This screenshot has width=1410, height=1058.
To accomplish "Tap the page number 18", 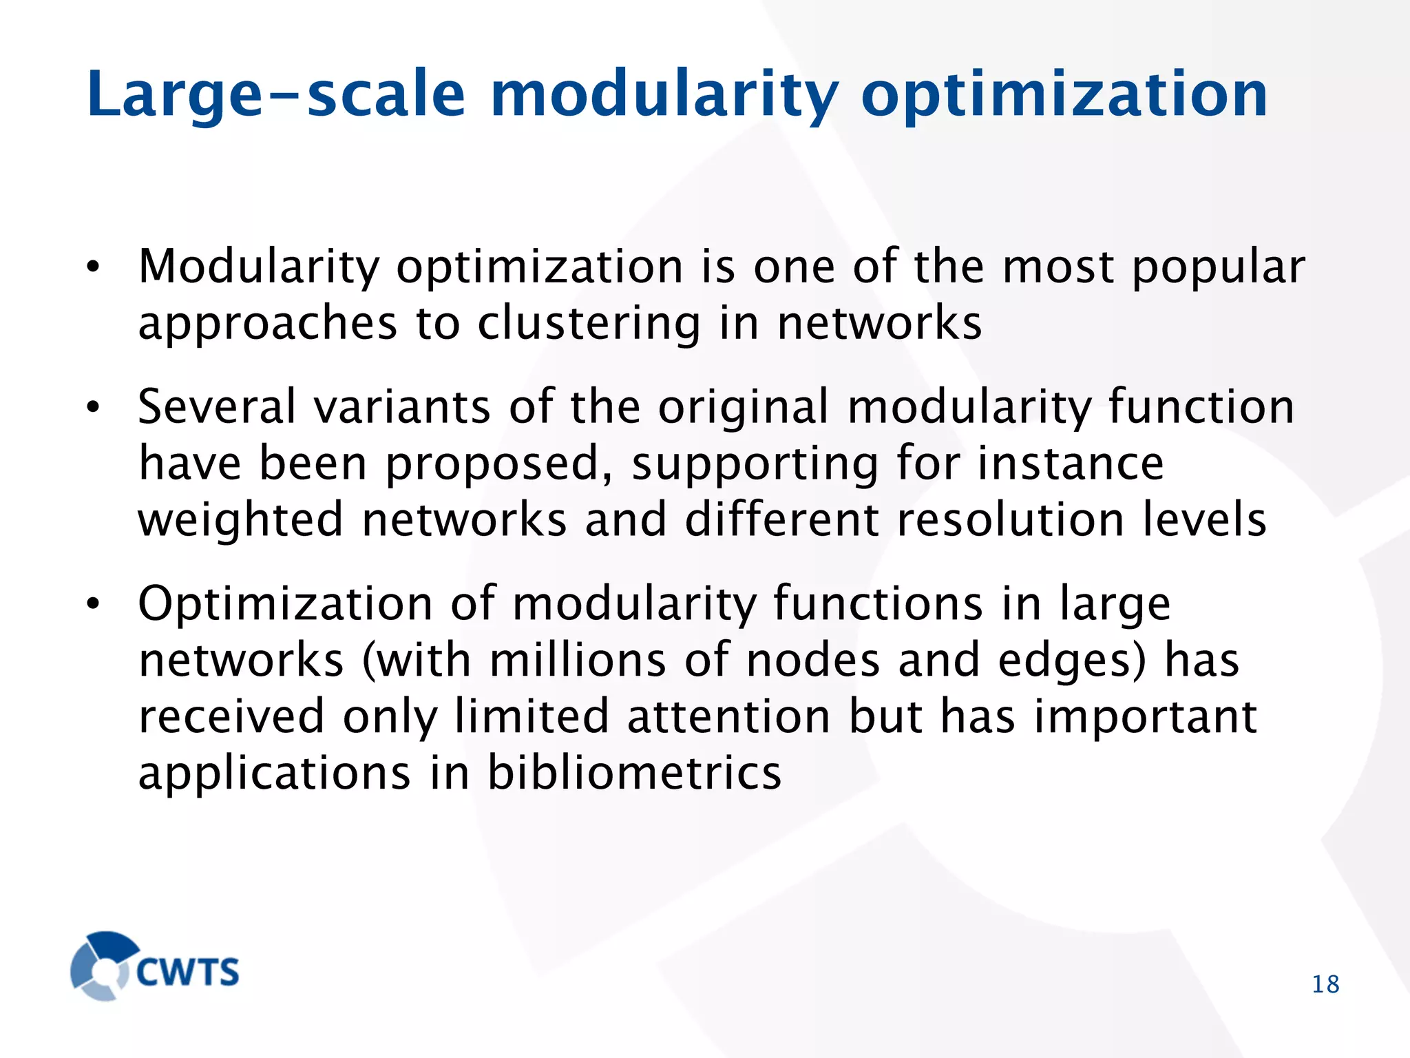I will click(x=1325, y=984).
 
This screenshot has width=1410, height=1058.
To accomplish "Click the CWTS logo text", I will click(x=187, y=972).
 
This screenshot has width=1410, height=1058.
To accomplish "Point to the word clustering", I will click(x=589, y=324).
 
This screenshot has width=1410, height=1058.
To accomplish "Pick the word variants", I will click(x=402, y=406).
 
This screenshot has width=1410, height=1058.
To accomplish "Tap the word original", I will click(x=744, y=408).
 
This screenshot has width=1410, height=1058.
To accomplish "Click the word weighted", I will click(x=240, y=521).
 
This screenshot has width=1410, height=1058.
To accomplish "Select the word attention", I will click(x=729, y=716).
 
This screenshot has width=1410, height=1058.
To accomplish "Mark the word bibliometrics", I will click(x=634, y=773).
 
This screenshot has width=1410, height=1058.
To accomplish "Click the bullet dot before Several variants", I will click(x=94, y=408).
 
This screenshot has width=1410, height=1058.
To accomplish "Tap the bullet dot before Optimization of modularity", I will click(x=94, y=605).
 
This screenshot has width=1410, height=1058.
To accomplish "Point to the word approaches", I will click(x=268, y=325).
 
